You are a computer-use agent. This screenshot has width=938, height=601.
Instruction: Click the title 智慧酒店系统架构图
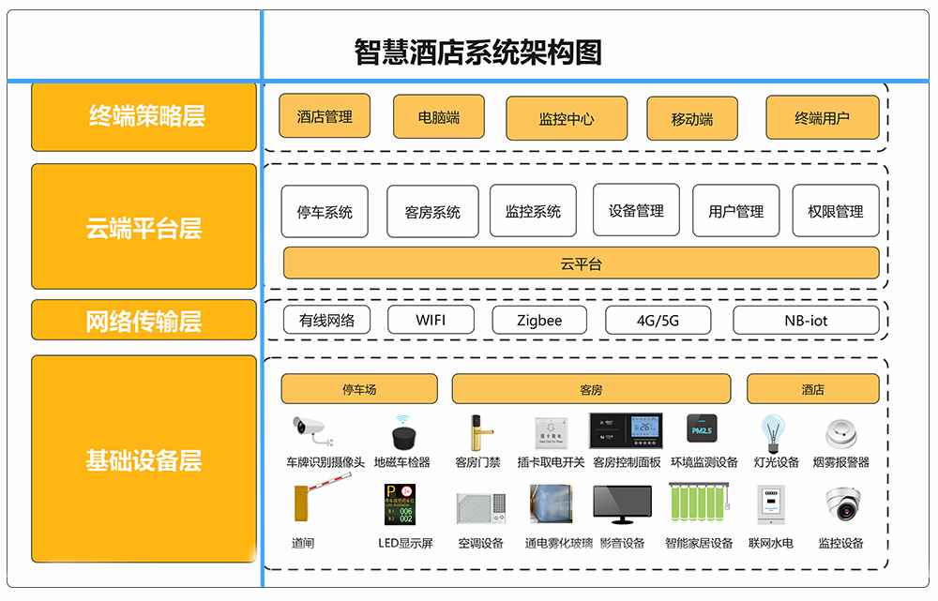(477, 52)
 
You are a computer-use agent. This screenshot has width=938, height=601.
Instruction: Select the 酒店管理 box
(325, 116)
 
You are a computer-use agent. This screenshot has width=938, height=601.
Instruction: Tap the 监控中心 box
(567, 119)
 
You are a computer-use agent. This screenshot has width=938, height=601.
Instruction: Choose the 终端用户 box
(822, 117)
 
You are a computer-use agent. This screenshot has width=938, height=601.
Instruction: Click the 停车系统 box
(325, 212)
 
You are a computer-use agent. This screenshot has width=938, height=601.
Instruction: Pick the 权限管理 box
(835, 211)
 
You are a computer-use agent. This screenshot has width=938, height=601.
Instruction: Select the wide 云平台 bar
(581, 263)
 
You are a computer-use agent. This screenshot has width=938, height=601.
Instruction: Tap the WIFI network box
(431, 320)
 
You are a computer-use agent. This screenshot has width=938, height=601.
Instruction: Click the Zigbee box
(539, 320)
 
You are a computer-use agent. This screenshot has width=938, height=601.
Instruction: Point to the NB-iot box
(806, 320)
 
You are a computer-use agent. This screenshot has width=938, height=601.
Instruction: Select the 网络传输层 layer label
(144, 321)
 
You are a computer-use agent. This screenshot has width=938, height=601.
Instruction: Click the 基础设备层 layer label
(144, 460)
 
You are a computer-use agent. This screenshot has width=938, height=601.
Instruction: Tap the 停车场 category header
(359, 389)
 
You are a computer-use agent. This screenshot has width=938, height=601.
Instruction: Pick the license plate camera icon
(313, 432)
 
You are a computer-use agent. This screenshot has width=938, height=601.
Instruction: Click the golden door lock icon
(476, 432)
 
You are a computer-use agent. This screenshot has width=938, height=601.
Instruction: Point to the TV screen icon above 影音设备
(621, 505)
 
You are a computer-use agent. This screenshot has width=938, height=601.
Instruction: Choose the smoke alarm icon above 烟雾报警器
(840, 433)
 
